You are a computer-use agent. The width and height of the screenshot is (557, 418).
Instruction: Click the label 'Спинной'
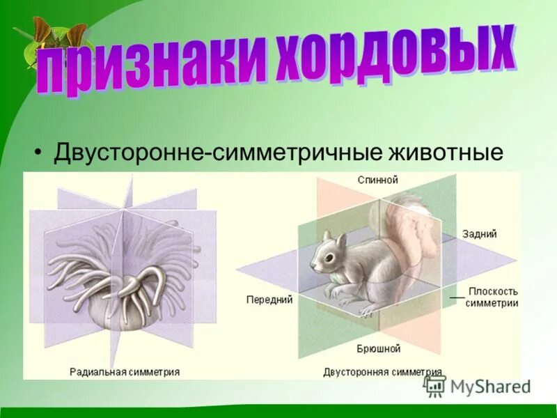[x=377, y=180]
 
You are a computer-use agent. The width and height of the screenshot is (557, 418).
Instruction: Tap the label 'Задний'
[x=479, y=235]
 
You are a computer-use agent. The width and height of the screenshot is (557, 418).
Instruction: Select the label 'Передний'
[x=269, y=300]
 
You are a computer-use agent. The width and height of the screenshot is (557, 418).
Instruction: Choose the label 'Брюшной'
[x=378, y=348]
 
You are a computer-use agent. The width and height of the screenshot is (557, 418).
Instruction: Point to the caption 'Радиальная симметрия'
[x=125, y=371]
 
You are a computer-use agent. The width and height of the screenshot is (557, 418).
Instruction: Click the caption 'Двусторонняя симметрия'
[x=382, y=371]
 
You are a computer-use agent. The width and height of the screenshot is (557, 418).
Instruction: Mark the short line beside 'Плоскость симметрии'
[x=457, y=297]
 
